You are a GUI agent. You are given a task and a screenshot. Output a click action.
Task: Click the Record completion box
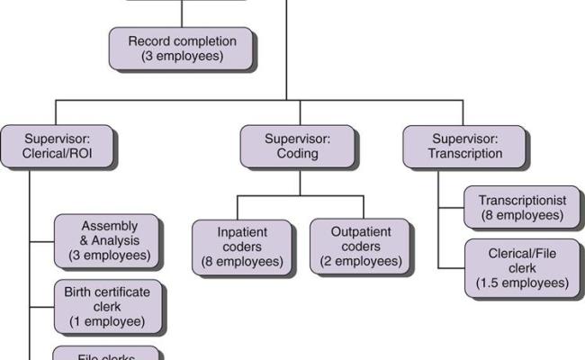tap(182, 49)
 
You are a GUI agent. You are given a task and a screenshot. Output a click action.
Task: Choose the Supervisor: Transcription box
tap(464, 146)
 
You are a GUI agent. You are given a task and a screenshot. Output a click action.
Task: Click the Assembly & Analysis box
tap(108, 241)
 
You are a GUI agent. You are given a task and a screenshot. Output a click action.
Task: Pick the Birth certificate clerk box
tap(108, 307)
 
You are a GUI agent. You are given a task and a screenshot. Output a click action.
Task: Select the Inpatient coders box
tap(242, 247)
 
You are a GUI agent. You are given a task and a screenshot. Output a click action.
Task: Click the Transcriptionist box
tap(521, 208)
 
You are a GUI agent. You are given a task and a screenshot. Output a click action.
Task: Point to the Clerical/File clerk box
tap(522, 267)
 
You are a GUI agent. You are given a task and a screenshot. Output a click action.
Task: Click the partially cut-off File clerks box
tap(107, 354)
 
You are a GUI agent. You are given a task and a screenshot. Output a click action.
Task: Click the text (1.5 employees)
tap(522, 283)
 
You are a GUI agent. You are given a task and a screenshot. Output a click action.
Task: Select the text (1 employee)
tap(107, 321)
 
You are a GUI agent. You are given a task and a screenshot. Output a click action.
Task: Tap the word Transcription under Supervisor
tap(465, 154)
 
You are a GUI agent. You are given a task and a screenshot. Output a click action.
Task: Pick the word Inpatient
tap(242, 231)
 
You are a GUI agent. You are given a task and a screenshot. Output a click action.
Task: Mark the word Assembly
tap(109, 226)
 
